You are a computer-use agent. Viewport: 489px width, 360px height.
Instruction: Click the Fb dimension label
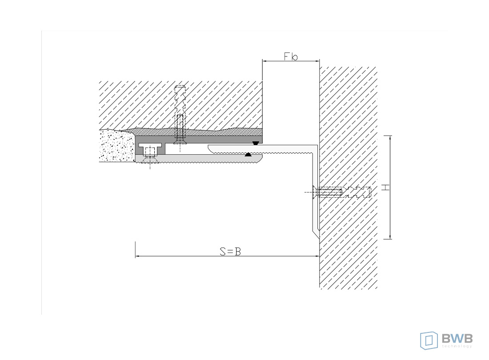291,56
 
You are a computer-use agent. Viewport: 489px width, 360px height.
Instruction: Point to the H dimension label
386,187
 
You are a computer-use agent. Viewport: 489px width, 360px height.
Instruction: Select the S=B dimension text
230,251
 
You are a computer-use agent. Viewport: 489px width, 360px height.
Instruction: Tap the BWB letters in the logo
457,338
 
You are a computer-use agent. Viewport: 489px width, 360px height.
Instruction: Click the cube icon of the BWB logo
429,340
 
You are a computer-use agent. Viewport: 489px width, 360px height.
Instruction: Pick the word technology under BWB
457,346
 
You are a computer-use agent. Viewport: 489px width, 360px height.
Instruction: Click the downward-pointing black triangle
256,143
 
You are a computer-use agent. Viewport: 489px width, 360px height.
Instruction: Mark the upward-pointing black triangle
248,154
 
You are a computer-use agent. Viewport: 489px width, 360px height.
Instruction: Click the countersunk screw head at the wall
315,192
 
